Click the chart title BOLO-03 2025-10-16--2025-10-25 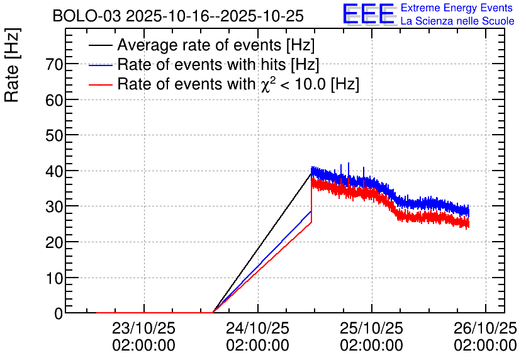(x=178, y=16)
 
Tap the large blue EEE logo (x=369, y=14)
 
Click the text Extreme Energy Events (x=457, y=8)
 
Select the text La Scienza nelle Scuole (x=457, y=21)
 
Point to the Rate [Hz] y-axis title (x=12, y=65)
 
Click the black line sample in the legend (x=100, y=45)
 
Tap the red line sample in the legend (x=100, y=85)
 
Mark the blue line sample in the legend (x=100, y=65)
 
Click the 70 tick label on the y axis (x=54, y=64)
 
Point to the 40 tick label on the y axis (x=54, y=171)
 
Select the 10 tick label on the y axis (x=54, y=278)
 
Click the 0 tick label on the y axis (x=59, y=313)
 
